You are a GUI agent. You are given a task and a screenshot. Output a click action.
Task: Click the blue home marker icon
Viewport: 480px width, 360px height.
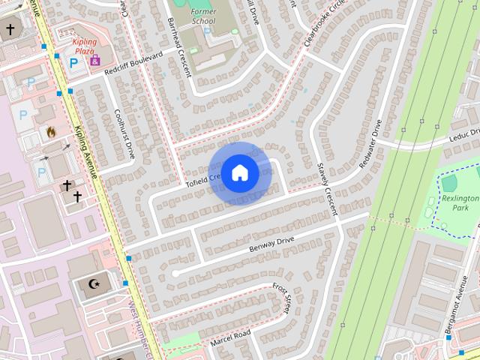click(x=239, y=173)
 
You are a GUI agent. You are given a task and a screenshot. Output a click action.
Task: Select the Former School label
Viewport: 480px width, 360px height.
click(x=202, y=16)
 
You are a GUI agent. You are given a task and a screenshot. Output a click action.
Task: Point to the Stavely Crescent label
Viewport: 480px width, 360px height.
click(x=328, y=190)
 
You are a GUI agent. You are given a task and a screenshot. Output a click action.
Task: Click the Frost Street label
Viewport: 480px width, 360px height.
click(x=283, y=298)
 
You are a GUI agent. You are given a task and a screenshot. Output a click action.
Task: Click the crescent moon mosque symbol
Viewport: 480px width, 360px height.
click(x=95, y=284)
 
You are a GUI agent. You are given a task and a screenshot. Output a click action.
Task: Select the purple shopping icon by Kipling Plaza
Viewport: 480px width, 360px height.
click(x=94, y=61)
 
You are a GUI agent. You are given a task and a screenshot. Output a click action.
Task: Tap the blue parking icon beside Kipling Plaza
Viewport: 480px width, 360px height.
click(x=73, y=63)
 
